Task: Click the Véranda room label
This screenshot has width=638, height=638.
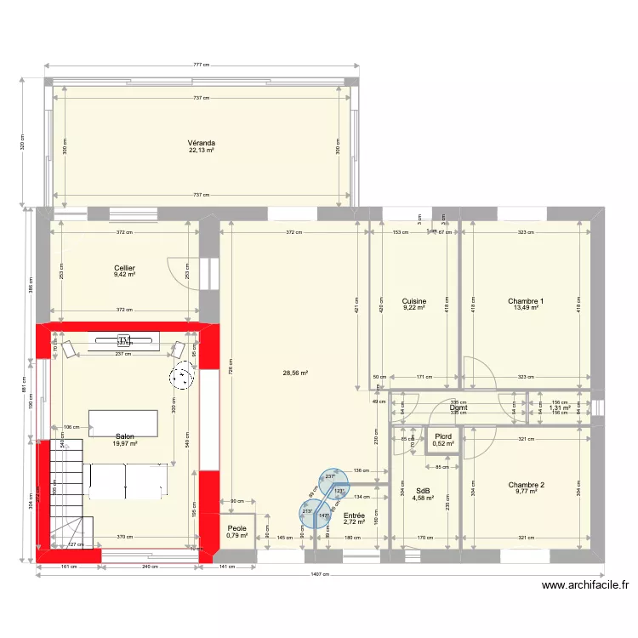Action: [x=202, y=143]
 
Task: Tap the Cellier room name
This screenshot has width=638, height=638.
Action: [x=125, y=268]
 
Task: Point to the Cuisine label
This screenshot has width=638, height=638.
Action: [x=413, y=301]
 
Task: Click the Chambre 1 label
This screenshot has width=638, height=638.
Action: [x=525, y=301]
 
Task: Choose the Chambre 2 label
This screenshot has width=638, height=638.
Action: [x=526, y=485]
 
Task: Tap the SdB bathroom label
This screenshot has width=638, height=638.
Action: [x=423, y=491]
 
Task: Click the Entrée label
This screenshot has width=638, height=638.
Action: [x=354, y=516]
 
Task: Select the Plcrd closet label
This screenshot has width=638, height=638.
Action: [x=442, y=436]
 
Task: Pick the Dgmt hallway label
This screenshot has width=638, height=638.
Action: [x=459, y=407]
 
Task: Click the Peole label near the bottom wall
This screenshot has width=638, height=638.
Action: [x=236, y=528]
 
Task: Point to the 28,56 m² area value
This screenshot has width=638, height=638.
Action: [x=295, y=373]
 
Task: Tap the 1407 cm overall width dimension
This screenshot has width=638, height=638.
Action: [x=318, y=574]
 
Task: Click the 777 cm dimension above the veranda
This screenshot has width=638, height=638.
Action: [x=202, y=65]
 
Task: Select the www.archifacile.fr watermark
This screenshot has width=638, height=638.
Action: [x=584, y=585]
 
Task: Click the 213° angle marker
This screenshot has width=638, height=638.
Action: [x=307, y=512]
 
